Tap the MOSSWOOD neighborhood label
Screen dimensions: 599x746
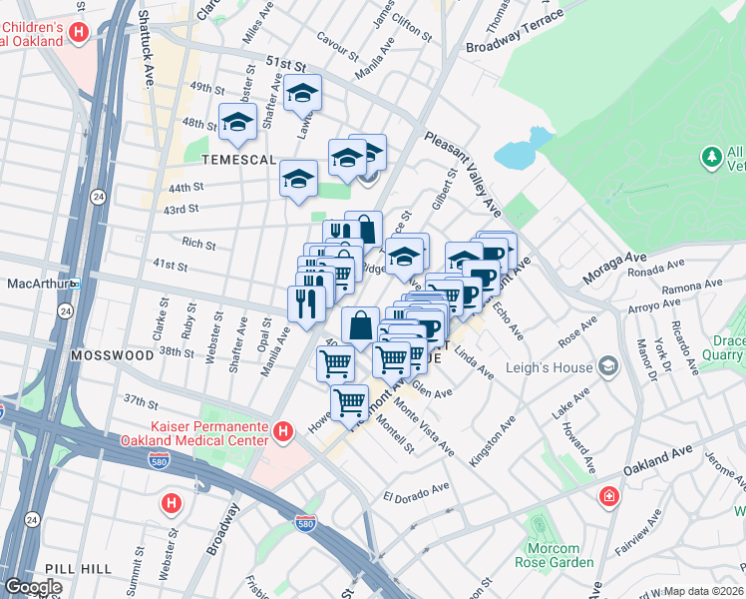point(112,354)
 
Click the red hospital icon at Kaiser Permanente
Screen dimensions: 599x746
point(283,431)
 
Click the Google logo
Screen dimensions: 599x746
point(33,587)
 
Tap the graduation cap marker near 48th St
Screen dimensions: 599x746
point(237,122)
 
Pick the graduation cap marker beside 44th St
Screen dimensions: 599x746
point(298,179)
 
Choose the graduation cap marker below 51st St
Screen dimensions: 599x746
point(302,93)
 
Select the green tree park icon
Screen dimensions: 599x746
point(711,157)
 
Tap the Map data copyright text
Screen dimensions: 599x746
point(703,591)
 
